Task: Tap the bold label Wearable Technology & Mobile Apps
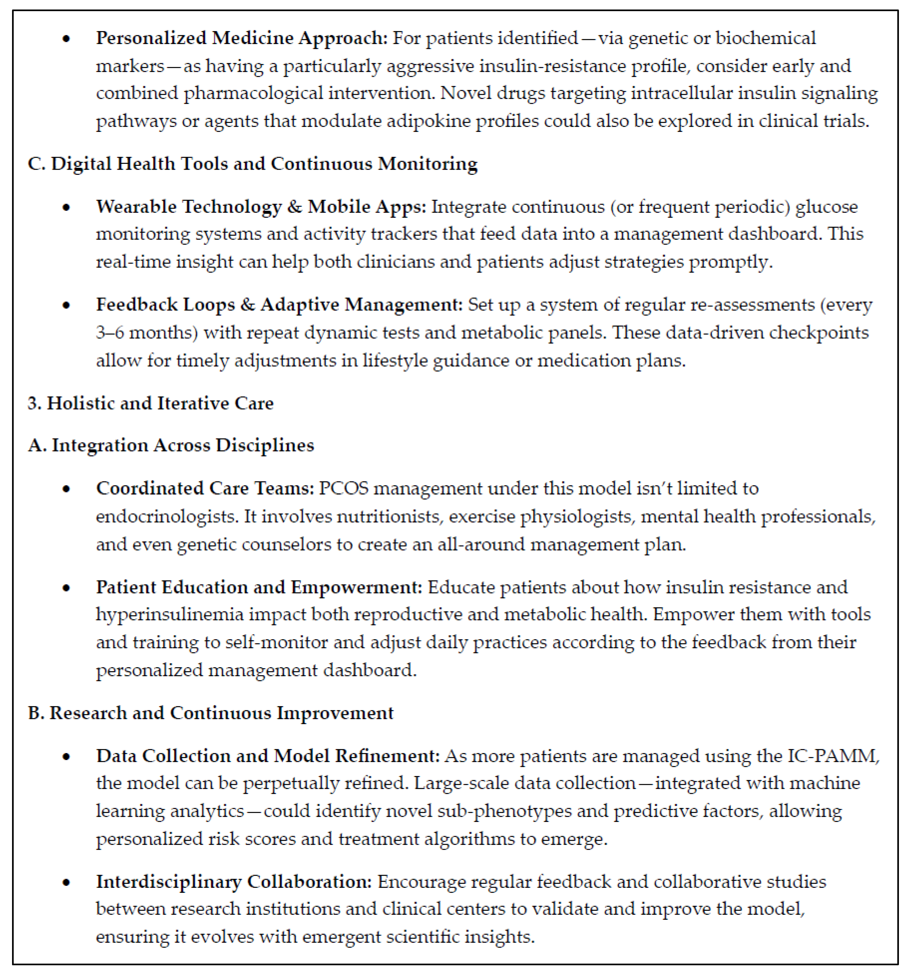[261, 207]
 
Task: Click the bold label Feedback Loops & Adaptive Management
[279, 305]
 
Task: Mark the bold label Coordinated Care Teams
[205, 489]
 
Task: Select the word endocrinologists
[167, 517]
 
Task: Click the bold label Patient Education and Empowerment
[259, 587]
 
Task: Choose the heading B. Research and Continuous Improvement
[211, 713]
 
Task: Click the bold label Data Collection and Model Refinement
[268, 756]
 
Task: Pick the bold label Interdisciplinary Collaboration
[234, 882]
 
